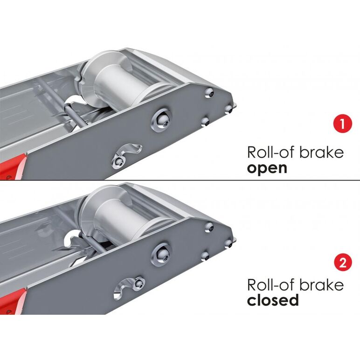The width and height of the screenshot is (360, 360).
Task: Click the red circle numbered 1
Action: coord(342,124)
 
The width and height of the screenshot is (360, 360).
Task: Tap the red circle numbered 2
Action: coord(343,262)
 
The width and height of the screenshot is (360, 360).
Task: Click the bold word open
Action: coord(267,169)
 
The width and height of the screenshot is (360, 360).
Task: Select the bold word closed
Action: coord(273,300)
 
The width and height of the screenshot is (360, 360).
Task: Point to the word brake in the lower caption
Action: coord(322,284)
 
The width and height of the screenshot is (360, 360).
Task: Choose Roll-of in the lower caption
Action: coord(271,284)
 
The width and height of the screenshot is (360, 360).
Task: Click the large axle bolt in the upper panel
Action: coord(161,120)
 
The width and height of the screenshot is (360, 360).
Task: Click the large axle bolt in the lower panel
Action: coord(161,254)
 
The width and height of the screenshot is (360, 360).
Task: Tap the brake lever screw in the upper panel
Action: coord(119,161)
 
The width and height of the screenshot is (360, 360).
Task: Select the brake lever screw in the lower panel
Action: coord(138,283)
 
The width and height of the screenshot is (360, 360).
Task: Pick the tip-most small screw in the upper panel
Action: coord(228,109)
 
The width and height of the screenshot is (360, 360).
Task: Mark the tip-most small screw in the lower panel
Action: coord(228,244)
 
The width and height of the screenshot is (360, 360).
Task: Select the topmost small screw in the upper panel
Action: coord(209,93)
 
